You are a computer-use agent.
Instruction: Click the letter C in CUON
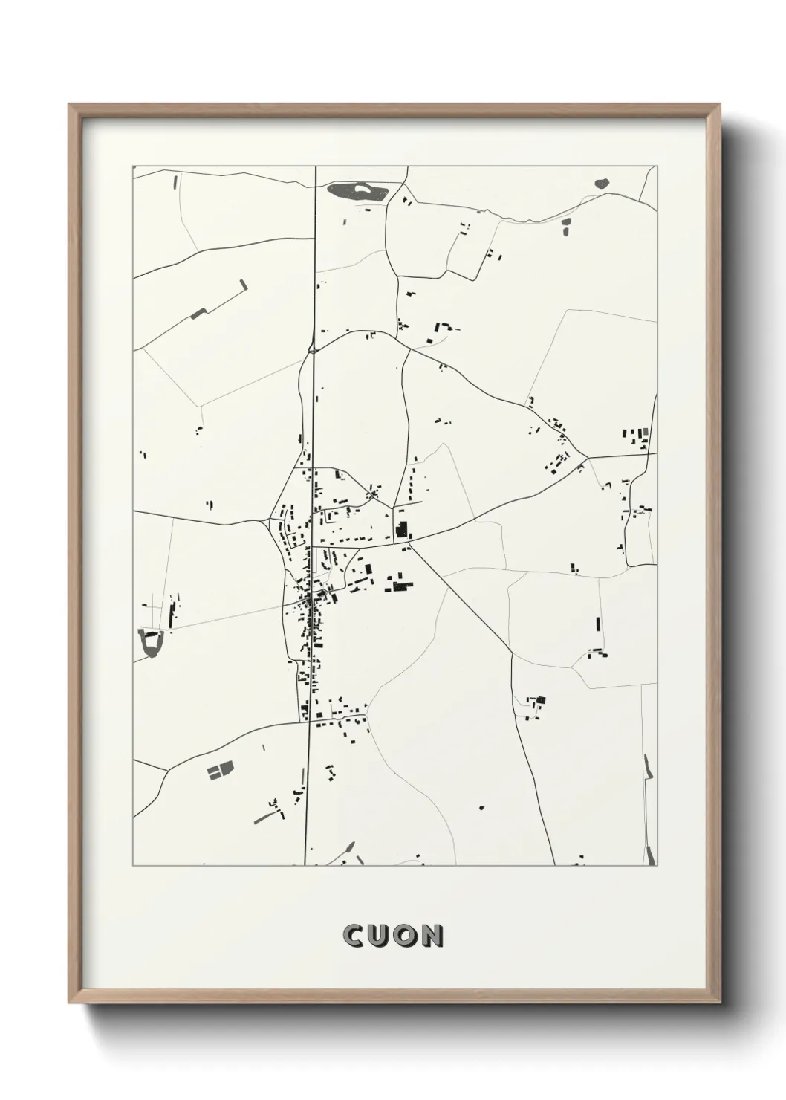[354, 936]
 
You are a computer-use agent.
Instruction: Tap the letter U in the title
[378, 936]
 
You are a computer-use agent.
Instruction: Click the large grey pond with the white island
[357, 192]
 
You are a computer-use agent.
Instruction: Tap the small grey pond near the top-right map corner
[600, 182]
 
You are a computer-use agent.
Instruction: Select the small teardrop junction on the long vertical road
[312, 346]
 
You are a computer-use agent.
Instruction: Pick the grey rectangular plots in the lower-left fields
[219, 770]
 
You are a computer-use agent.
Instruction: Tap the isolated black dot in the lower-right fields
[481, 807]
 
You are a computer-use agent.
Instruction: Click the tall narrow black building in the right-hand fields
[599, 625]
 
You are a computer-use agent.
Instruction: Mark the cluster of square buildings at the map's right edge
[637, 436]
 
